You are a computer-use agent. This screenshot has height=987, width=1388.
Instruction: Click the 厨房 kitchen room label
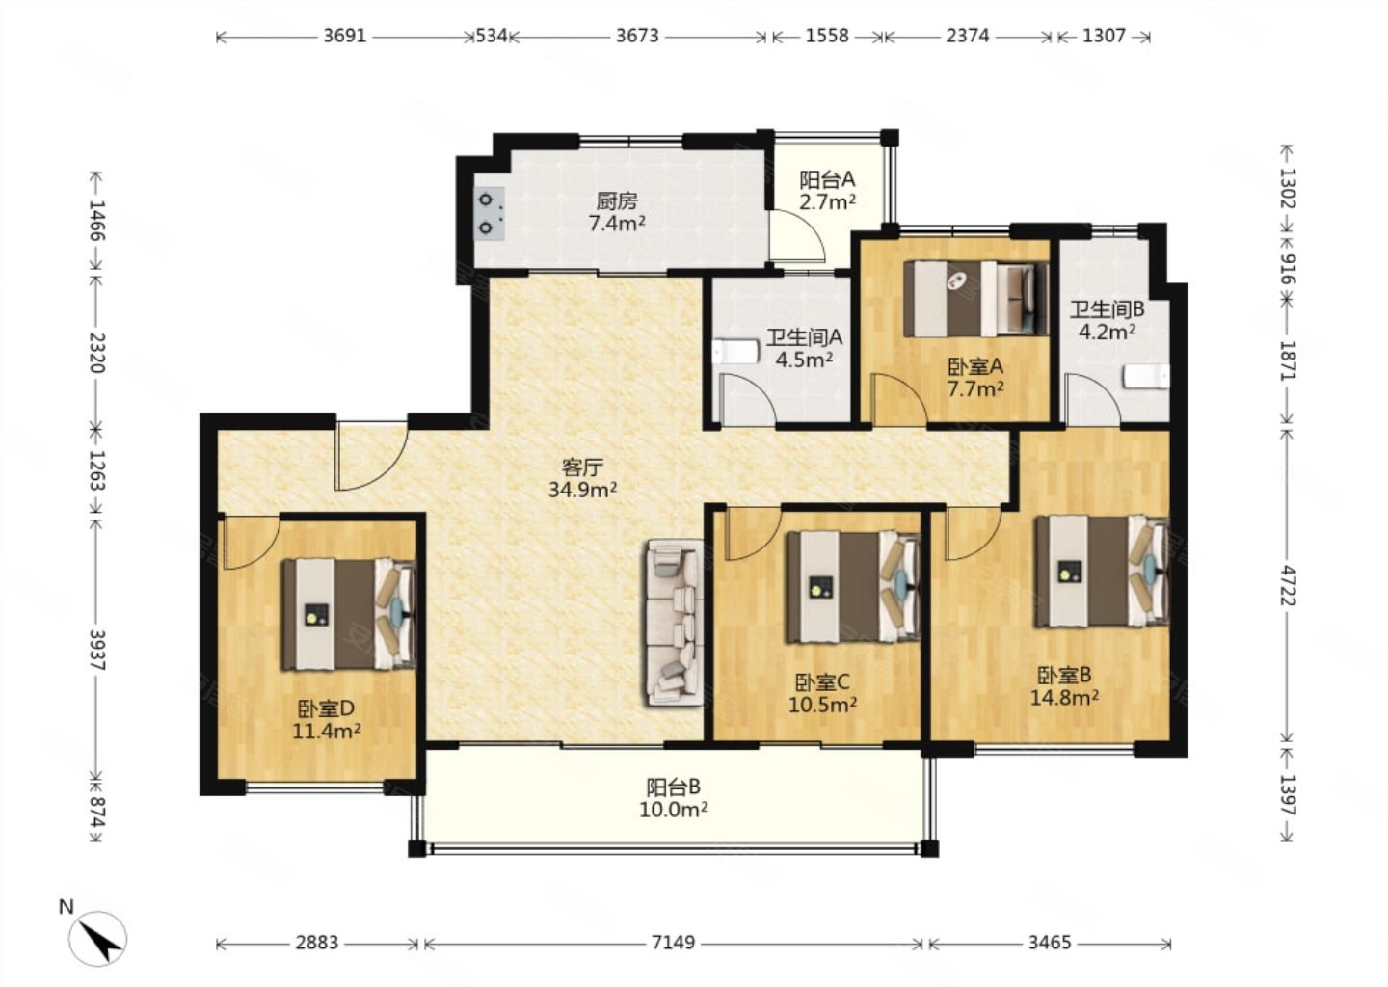click(617, 212)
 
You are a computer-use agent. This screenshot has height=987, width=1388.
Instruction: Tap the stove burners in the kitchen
click(490, 214)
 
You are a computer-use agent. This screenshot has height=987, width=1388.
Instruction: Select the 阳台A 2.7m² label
click(827, 190)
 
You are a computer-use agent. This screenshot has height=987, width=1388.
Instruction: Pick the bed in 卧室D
click(350, 614)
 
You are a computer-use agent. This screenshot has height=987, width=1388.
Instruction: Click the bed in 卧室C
click(853, 586)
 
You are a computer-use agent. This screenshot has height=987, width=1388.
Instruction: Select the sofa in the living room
click(674, 623)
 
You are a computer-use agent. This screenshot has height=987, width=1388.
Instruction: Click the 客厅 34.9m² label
click(582, 478)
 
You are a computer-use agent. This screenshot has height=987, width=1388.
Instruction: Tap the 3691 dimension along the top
click(344, 36)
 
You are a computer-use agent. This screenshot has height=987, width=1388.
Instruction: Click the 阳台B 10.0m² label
click(674, 798)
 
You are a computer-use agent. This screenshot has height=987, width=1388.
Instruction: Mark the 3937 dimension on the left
click(96, 650)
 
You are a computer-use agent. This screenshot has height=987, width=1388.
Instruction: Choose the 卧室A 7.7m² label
click(975, 377)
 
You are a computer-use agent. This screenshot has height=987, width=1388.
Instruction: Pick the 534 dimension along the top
click(492, 36)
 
